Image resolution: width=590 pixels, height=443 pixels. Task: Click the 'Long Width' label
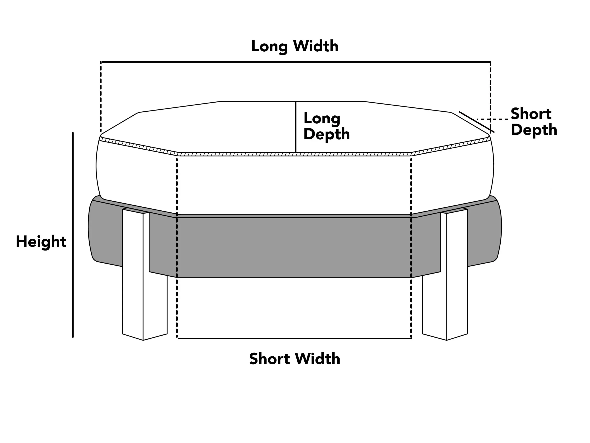[295, 46]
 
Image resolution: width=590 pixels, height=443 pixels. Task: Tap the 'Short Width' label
[294, 359]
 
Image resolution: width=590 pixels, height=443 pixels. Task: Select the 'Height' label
[41, 241]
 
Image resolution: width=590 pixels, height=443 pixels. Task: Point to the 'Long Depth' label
[326, 126]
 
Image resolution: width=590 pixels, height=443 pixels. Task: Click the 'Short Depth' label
[533, 122]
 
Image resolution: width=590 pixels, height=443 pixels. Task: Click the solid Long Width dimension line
[296, 62]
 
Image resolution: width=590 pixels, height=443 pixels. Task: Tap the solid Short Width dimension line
[294, 339]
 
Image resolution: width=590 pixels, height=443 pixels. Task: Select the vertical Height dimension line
[73, 235]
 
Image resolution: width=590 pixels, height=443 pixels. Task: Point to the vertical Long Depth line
[296, 127]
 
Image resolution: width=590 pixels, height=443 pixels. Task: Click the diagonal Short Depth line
[476, 122]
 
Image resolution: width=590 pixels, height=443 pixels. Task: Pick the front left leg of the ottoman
[133, 275]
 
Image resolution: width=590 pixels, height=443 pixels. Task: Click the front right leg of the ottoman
[457, 275]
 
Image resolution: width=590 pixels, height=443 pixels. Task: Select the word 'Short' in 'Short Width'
[269, 359]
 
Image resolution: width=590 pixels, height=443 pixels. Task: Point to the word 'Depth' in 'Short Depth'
[534, 130]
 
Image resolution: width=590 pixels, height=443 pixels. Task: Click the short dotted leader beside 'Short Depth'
[492, 119]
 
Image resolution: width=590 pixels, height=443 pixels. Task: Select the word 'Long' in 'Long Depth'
[322, 118]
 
